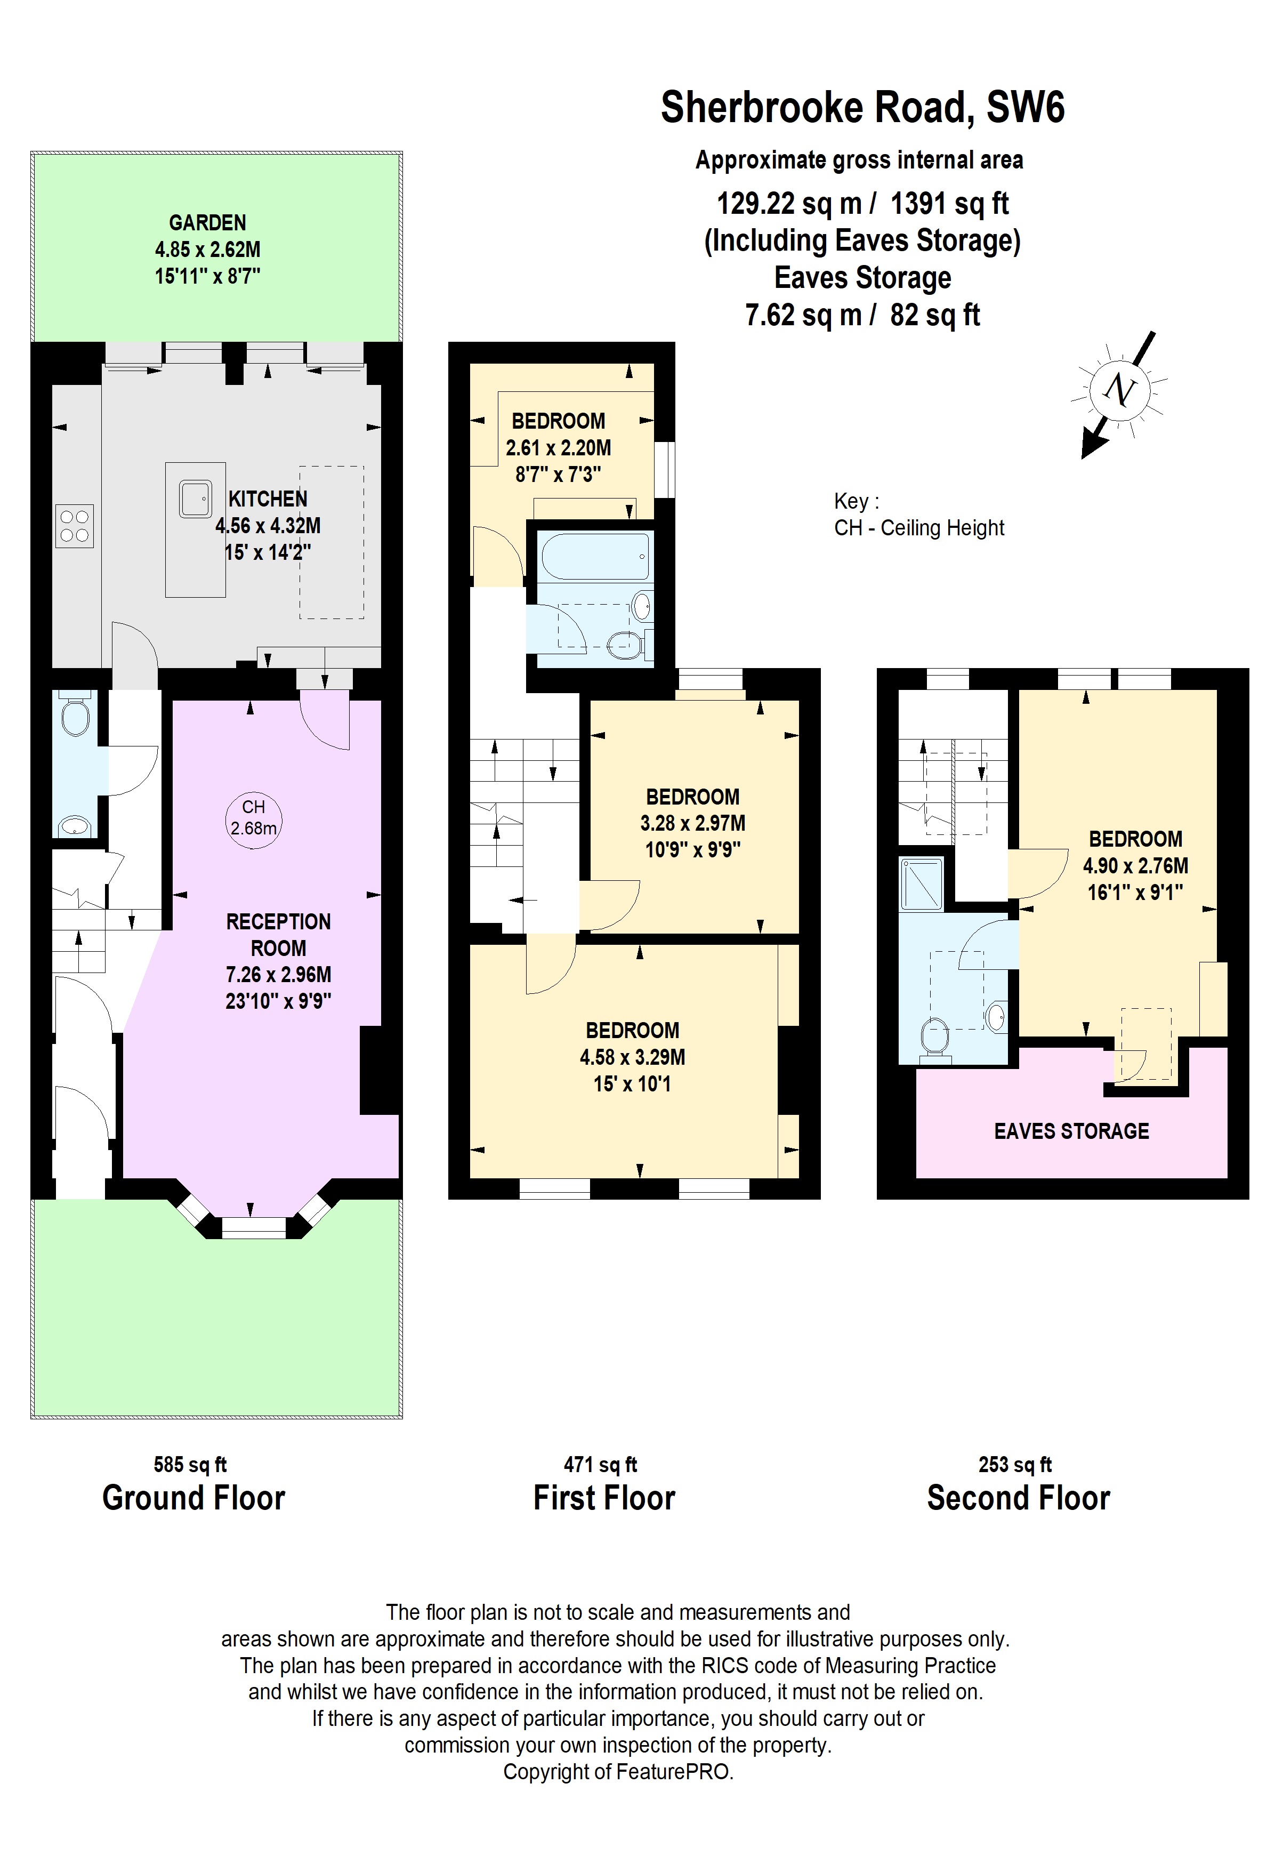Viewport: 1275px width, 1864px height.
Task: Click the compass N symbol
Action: [x=1119, y=391]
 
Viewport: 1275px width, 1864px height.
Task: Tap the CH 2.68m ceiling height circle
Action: [x=253, y=819]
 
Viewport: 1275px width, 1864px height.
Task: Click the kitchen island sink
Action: [x=195, y=499]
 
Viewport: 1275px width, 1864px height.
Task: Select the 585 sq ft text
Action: [x=190, y=1465]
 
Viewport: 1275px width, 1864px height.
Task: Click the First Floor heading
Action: [x=604, y=1498]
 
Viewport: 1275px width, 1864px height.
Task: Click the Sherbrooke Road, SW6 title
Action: [x=862, y=108]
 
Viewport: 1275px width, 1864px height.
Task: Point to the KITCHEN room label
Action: [x=268, y=499]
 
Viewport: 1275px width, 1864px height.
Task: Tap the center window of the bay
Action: [x=253, y=1227]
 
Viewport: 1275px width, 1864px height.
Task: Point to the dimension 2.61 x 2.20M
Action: [x=558, y=447]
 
